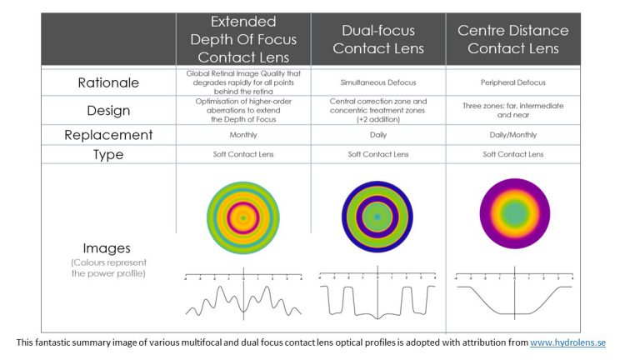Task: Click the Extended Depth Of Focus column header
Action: click(242, 39)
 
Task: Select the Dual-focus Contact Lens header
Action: click(377, 39)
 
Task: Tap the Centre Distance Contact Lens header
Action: click(512, 39)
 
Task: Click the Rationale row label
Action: click(109, 83)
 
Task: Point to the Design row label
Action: click(109, 110)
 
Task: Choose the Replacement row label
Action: click(109, 134)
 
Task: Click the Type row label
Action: click(109, 154)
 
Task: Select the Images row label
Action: click(109, 247)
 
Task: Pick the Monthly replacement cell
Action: click(242, 134)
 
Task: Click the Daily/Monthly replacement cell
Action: click(513, 134)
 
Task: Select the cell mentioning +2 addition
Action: click(377, 110)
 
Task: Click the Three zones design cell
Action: click(513, 110)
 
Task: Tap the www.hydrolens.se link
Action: click(567, 342)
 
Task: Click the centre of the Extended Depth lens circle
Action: click(242, 217)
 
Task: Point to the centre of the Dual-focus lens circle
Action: click(377, 217)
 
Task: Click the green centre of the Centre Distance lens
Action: click(513, 213)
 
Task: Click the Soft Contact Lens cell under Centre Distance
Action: click(513, 154)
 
